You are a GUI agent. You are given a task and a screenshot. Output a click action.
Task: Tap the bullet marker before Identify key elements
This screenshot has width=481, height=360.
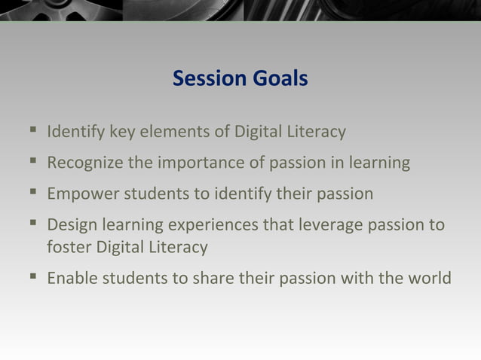32,133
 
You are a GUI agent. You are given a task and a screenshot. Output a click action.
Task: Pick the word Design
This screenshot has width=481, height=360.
69,225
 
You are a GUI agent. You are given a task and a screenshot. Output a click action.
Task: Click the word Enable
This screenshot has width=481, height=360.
70,278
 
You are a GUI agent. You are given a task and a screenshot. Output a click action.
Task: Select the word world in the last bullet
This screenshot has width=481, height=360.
430,278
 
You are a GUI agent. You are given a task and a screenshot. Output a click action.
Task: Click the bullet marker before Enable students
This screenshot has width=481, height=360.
32,278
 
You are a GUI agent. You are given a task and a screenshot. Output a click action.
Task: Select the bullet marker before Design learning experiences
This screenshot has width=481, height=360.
32,225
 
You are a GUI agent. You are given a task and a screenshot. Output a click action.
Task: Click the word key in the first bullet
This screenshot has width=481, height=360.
122,133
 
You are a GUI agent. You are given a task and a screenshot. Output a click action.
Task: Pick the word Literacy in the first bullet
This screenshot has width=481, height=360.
314,133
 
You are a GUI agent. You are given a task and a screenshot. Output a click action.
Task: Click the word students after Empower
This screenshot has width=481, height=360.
148,194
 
